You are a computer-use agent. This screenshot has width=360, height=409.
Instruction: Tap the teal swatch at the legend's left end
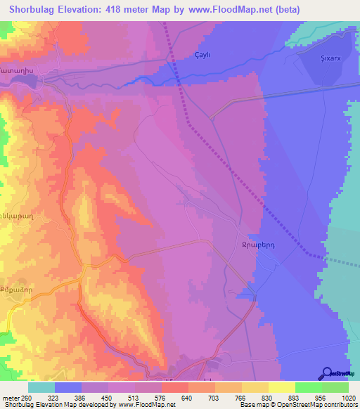(41, 387)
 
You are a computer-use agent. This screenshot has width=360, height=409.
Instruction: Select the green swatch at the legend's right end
(335, 387)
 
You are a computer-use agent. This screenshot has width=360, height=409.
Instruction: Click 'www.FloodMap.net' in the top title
(232, 9)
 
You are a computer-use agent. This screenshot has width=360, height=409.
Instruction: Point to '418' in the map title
(127, 9)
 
